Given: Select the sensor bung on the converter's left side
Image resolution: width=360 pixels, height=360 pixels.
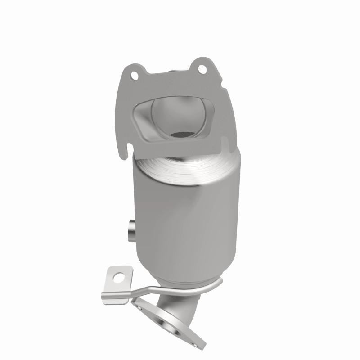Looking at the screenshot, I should coord(130,230).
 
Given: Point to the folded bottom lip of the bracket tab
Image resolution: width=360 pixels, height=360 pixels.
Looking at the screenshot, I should coord(112,295).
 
